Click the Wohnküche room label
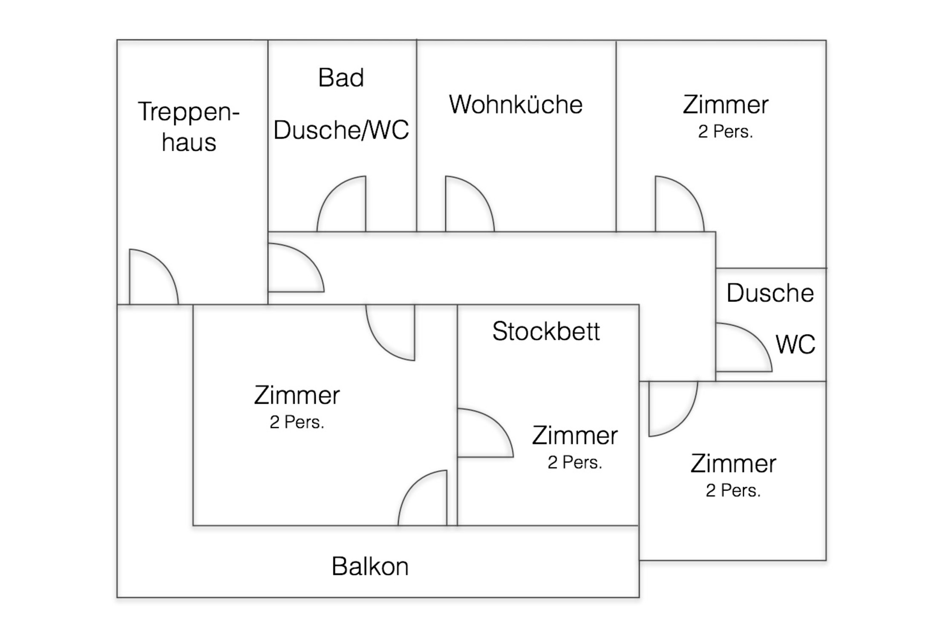516,105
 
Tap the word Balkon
370,567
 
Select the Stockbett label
546,331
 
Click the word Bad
341,78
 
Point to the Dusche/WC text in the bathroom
341,130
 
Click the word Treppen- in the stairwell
189,112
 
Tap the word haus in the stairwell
189,143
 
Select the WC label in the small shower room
795,345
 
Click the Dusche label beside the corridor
770,293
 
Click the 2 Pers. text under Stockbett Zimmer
575,462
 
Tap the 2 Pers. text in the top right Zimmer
725,132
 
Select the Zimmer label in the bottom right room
733,464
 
